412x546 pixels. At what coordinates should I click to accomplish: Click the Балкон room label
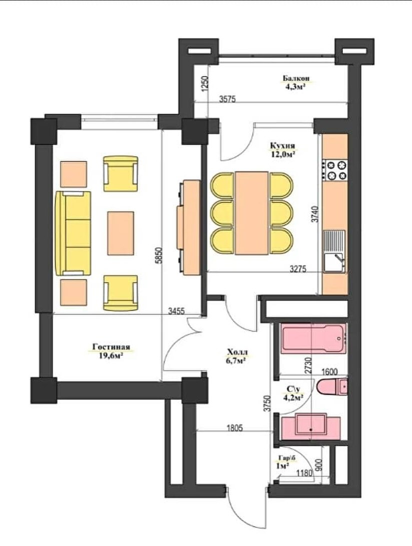coord(296,78)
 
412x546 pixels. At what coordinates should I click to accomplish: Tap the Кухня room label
coord(283,145)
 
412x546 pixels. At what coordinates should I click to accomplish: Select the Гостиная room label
coord(111,347)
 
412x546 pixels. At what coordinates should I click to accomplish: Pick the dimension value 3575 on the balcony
coord(228,99)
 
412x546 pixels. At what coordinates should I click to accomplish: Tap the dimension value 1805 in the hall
coord(234,428)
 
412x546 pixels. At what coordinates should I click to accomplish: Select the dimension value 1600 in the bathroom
coord(329,371)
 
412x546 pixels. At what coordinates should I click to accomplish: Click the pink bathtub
coord(314,338)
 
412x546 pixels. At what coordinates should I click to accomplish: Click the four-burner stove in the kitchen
coord(335,169)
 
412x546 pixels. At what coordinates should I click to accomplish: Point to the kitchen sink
coord(334,251)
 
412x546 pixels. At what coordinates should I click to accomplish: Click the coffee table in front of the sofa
coord(121,233)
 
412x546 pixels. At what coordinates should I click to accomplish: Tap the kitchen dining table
coord(252,213)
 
